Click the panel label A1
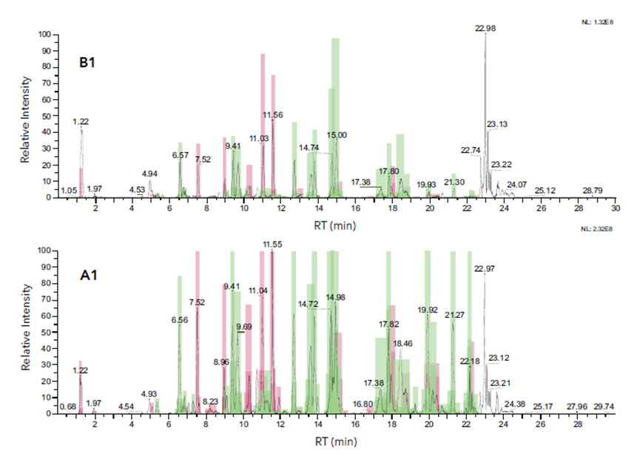point(90,279)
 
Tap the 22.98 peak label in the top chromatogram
point(485,28)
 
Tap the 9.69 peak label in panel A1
point(244,327)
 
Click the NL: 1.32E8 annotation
point(598,22)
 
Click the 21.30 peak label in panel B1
point(454,182)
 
